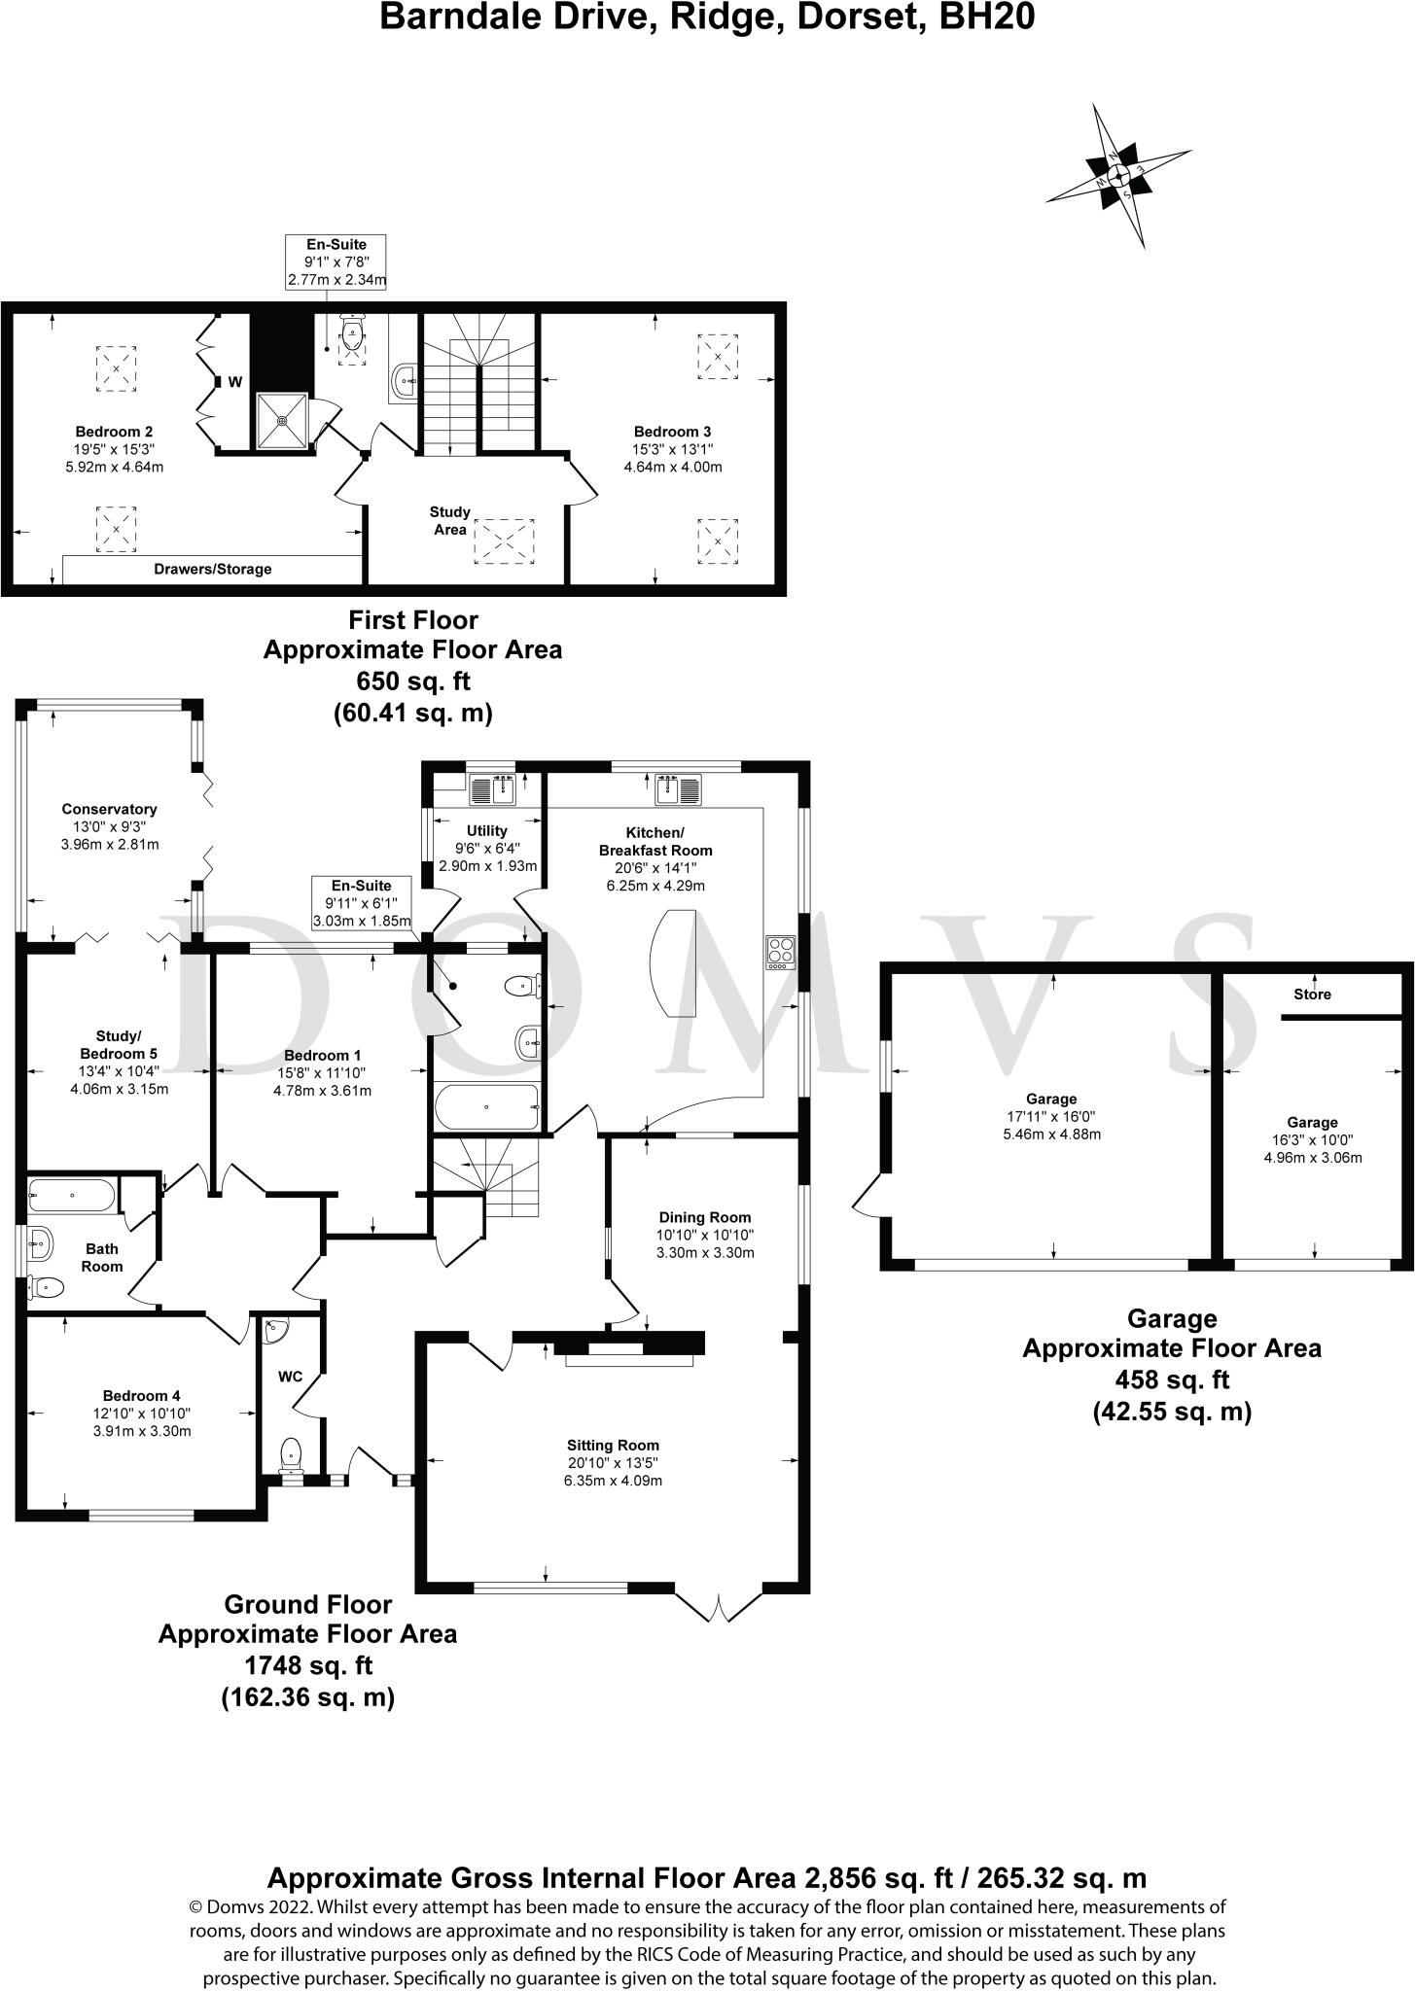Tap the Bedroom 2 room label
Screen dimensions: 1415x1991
click(115, 432)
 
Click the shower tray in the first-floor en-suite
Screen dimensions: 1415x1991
click(282, 421)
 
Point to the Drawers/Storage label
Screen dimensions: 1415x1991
click(213, 569)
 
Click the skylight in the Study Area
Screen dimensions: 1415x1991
click(505, 541)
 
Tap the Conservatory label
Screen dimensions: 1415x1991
click(109, 809)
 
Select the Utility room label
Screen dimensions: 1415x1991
click(487, 831)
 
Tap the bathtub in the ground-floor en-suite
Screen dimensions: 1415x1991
click(486, 1106)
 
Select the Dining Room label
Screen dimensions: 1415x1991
click(705, 1217)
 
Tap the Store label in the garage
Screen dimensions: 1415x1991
click(1312, 995)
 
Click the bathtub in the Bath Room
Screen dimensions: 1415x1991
click(73, 1195)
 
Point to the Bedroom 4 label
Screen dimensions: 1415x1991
click(142, 1397)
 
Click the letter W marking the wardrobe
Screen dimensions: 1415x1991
click(235, 382)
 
